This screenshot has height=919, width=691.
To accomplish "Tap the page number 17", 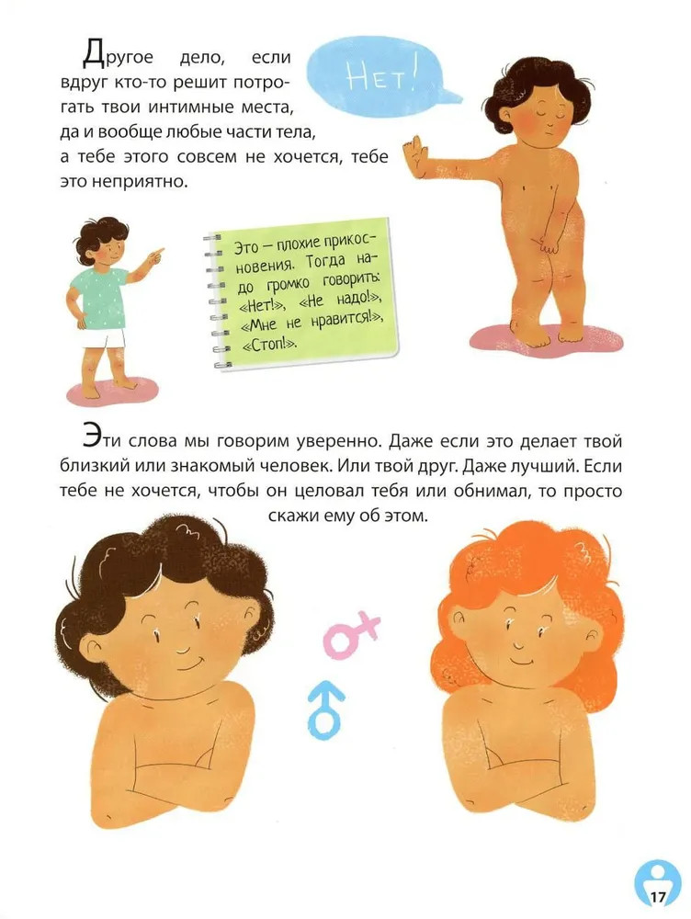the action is [658, 897].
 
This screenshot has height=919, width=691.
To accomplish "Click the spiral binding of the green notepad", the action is [214, 301].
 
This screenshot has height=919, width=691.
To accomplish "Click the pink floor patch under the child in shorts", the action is [112, 391].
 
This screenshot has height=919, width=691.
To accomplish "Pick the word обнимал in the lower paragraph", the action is [491, 491].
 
